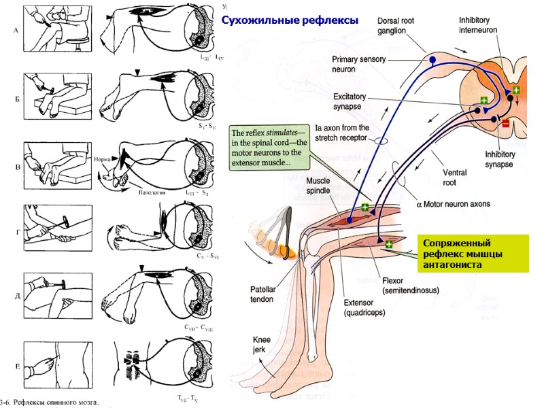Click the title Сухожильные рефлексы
290,20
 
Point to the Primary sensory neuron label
358,64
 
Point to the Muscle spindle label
319,186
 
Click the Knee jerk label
264,344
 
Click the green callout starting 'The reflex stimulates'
270,149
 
